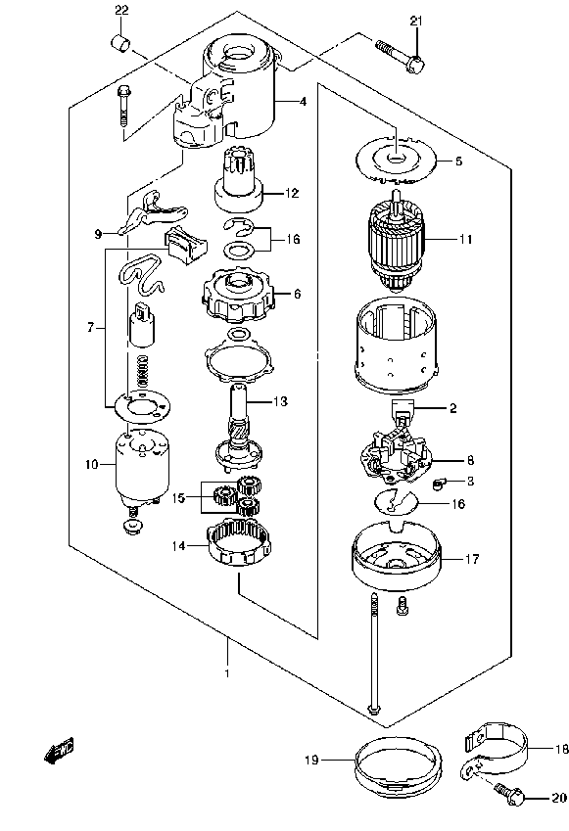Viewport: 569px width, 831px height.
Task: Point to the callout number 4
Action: click(x=302, y=101)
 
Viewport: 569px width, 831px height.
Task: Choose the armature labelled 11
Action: click(x=397, y=241)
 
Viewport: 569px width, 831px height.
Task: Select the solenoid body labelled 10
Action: click(x=139, y=466)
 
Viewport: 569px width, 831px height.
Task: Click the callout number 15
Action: click(x=177, y=497)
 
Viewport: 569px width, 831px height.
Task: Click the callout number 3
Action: click(x=470, y=481)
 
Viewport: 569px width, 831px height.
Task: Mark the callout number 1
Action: click(x=226, y=673)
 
